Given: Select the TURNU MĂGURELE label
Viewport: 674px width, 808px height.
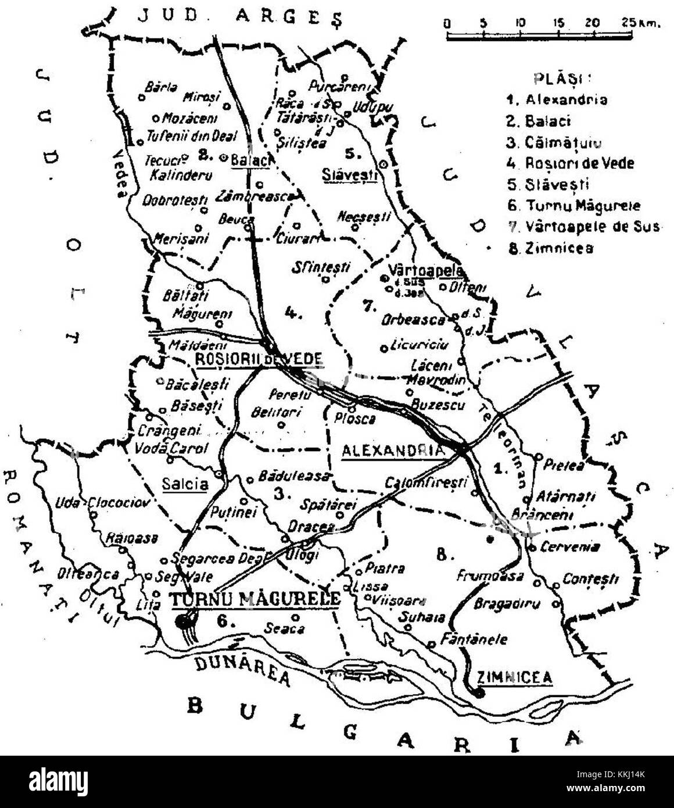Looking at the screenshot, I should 254,598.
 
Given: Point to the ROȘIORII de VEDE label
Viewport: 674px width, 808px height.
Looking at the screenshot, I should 258,359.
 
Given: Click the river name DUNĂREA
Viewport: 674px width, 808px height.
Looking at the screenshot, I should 242,670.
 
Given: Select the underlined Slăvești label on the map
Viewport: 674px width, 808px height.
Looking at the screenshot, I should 349,174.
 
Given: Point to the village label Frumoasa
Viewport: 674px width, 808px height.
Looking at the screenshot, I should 490,575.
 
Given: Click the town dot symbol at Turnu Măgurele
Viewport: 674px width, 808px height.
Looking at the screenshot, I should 184,621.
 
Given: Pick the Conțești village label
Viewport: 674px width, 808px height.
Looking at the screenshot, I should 590,579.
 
